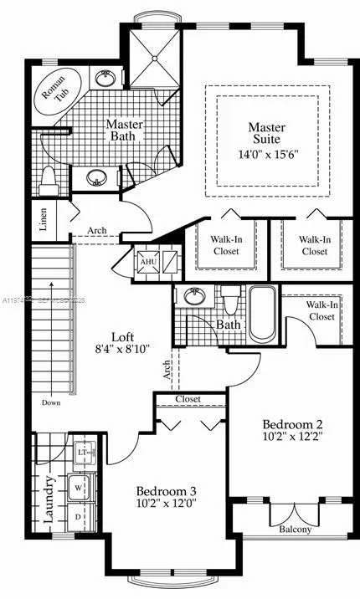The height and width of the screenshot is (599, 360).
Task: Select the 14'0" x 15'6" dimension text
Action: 267,154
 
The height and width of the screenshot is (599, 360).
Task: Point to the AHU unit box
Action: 148,262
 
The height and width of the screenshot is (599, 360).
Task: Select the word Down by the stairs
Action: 50,402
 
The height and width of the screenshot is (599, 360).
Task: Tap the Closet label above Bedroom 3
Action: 188,400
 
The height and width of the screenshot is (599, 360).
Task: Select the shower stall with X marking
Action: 154,57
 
